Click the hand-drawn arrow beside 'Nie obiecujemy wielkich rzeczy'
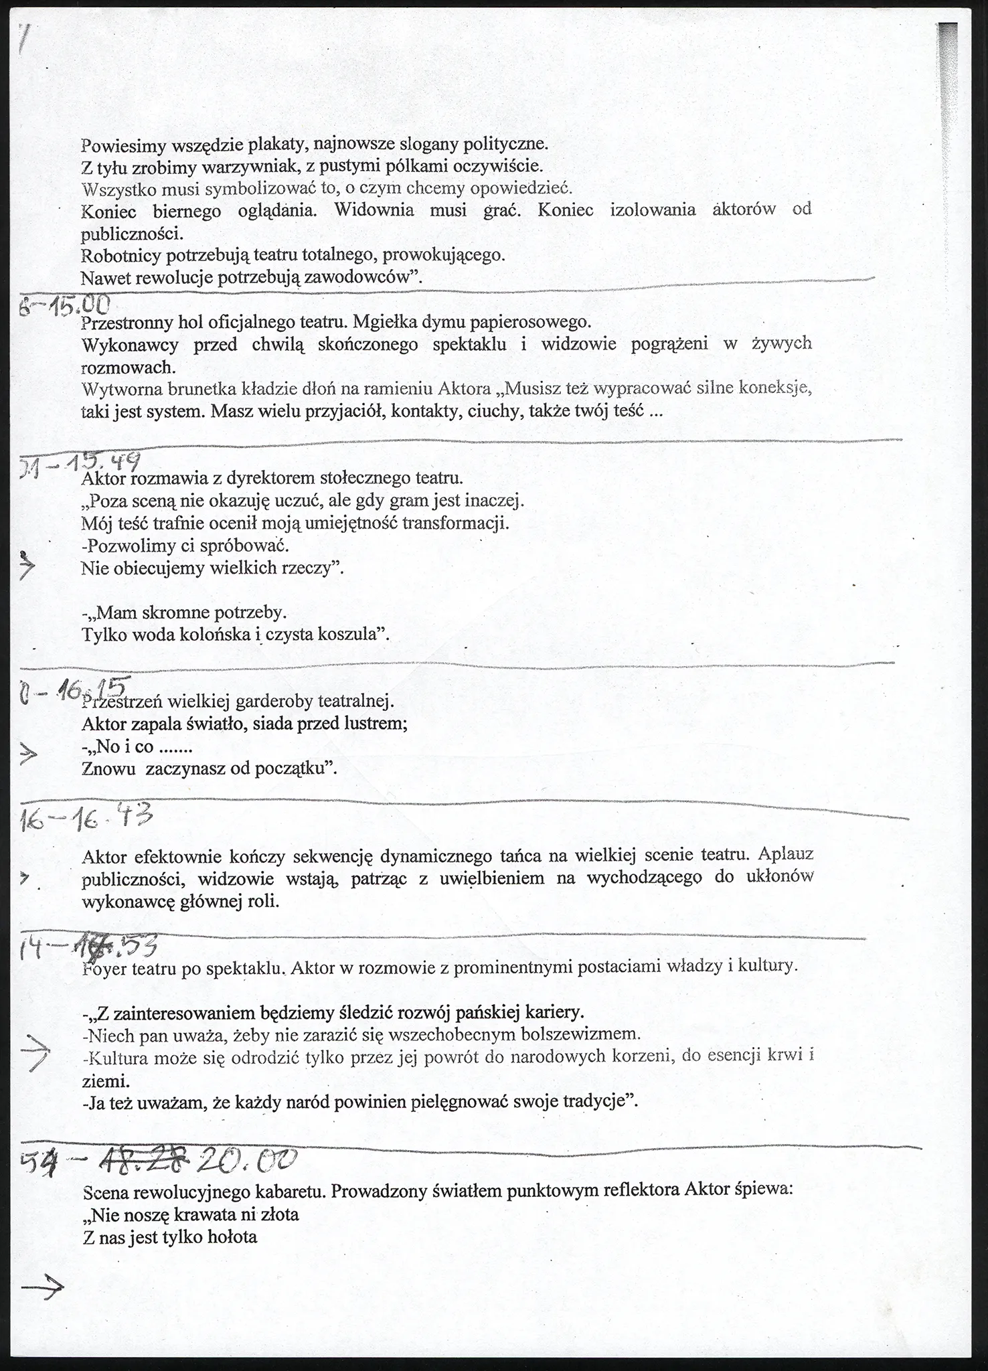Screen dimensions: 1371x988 [x=26, y=568]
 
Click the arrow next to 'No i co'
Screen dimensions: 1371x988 [x=28, y=756]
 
